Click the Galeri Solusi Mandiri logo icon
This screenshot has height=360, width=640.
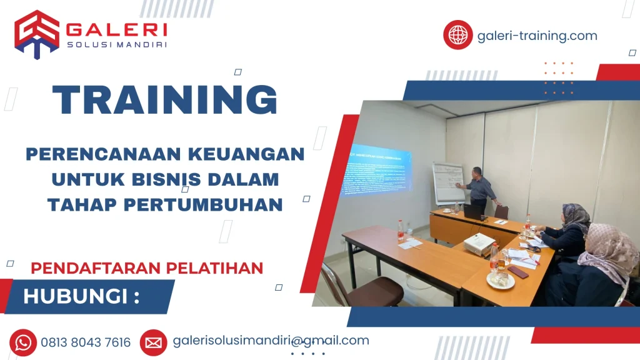click(x=37, y=34)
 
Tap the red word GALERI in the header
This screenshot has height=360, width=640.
click(x=116, y=29)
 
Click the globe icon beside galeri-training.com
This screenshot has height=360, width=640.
click(x=458, y=35)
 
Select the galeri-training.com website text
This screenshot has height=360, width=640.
click(x=537, y=36)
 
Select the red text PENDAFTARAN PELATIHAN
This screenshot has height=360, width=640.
click(x=147, y=268)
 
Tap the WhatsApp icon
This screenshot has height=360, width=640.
click(x=23, y=342)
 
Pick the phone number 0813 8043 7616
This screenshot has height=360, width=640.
click(x=86, y=342)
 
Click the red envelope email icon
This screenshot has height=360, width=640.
click(x=153, y=342)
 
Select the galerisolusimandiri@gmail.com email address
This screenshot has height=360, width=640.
click(x=271, y=341)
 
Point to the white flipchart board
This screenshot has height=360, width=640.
click(x=448, y=182)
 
